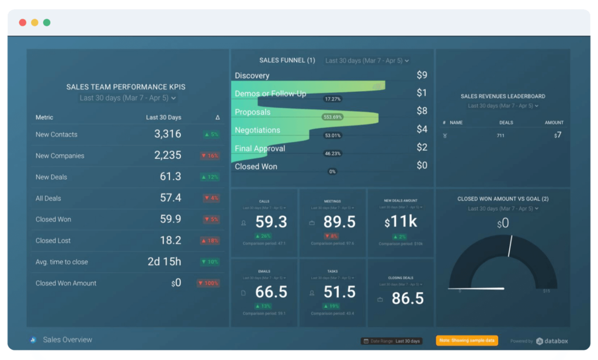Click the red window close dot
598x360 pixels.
(23, 23)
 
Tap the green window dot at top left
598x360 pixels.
(47, 23)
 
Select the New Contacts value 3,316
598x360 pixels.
(168, 134)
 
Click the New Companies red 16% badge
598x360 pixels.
(210, 156)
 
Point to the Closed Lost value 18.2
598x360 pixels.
(171, 240)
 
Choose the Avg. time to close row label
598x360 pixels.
(62, 262)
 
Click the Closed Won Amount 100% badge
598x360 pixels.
(208, 283)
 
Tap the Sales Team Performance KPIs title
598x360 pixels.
(126, 87)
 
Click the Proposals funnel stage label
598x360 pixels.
(252, 112)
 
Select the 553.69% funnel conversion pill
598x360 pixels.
(332, 117)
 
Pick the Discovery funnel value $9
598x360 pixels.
(422, 75)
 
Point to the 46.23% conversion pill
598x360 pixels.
(332, 153)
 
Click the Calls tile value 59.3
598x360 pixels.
(272, 222)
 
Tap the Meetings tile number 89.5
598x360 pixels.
(339, 222)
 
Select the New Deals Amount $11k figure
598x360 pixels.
(400, 222)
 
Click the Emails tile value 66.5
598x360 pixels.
(272, 292)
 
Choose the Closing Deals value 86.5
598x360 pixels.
(407, 299)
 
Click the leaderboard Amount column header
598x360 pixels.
(554, 123)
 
